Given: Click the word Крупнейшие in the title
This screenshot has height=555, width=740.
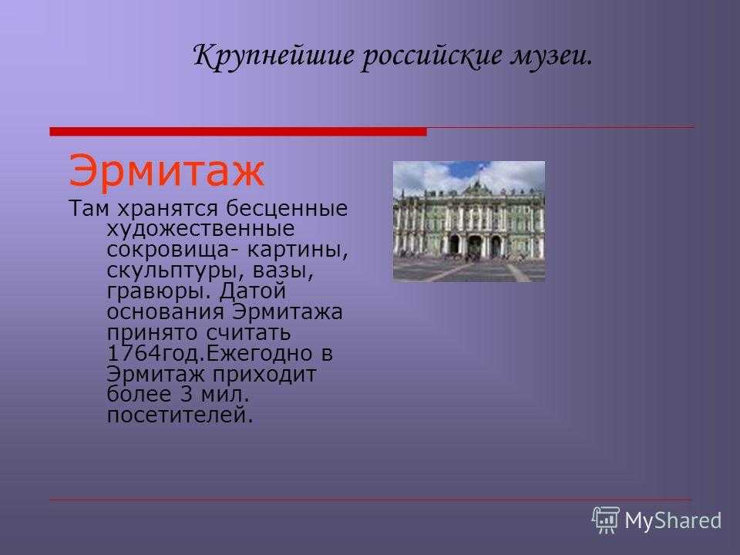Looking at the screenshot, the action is [x=274, y=56].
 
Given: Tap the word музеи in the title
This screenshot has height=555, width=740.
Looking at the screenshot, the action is [x=550, y=56].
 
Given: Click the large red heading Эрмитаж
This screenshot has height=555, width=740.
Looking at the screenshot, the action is [x=166, y=170].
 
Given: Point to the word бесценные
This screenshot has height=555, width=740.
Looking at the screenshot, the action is [x=287, y=208].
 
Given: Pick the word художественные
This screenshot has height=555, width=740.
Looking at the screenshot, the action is [x=200, y=230].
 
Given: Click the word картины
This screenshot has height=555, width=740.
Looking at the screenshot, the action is [x=298, y=250].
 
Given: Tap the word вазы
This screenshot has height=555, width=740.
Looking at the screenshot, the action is [x=283, y=271].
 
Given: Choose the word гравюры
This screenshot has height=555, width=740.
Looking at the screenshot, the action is [x=158, y=291].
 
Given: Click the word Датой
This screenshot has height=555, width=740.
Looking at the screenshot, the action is [x=253, y=291].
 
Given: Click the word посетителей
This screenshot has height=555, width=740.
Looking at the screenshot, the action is [x=180, y=415].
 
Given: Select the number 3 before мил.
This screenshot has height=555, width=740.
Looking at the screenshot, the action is [x=187, y=395].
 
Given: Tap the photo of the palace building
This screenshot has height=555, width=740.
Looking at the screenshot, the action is [x=469, y=221].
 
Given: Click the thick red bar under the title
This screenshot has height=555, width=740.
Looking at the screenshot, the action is [x=238, y=132].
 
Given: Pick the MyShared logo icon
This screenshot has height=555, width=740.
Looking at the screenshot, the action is [x=606, y=520].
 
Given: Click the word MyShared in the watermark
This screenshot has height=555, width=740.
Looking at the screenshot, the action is [x=674, y=521].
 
